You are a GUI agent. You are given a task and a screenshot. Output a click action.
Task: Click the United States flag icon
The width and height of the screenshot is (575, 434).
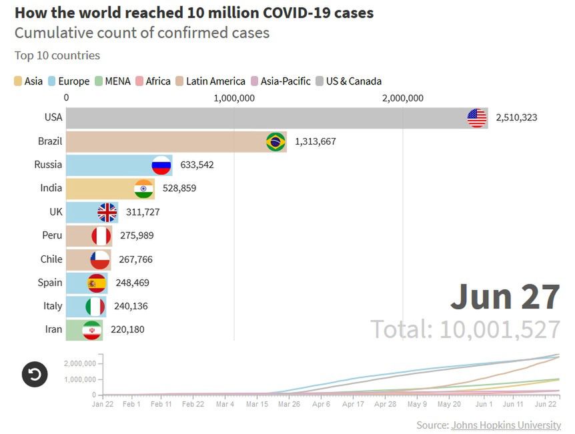[x=477, y=118]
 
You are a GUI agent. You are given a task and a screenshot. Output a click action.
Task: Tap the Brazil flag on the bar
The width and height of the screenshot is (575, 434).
[x=275, y=142]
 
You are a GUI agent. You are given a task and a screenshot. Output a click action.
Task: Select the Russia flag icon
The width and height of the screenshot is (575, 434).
[x=161, y=165]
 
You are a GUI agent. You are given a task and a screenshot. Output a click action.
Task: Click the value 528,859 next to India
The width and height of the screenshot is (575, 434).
[x=179, y=189]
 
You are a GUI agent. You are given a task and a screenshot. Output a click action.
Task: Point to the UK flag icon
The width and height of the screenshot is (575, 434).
[x=107, y=213]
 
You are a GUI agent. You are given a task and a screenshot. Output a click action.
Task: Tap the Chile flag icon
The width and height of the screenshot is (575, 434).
[x=100, y=259]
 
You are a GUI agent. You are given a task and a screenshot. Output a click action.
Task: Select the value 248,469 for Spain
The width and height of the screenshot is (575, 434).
[x=132, y=283]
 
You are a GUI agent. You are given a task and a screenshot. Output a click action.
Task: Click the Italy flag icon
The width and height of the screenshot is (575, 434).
[x=95, y=307]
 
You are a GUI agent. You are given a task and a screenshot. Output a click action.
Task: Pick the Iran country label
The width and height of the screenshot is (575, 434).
[x=53, y=329]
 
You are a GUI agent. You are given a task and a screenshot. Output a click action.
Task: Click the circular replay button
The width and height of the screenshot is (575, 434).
[x=35, y=374]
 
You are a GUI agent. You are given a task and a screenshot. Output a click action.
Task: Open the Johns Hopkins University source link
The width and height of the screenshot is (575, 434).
[x=506, y=425]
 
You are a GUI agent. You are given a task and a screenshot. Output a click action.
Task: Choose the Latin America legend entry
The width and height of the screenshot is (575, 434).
[x=210, y=81]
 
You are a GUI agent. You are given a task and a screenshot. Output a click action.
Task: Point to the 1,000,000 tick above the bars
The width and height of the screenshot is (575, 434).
[x=234, y=98]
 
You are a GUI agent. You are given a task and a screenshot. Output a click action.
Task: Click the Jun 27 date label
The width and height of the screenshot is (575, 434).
[x=505, y=297]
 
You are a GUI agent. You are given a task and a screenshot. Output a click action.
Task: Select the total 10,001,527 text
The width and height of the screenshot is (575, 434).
[x=465, y=329]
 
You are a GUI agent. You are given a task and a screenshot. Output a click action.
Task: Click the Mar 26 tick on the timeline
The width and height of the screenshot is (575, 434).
[x=288, y=404]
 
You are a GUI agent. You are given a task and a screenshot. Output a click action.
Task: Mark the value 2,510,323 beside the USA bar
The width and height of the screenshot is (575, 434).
[x=516, y=117]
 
